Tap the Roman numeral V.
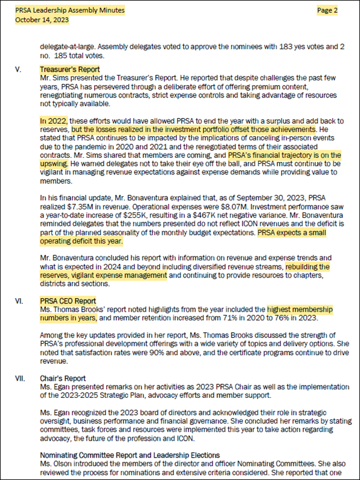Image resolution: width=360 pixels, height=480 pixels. coord(19,69)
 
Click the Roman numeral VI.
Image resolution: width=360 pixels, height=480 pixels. coord(20,300)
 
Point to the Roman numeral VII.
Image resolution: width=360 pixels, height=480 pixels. coord(21,378)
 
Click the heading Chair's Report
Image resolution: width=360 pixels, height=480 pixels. coord(62,378)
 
